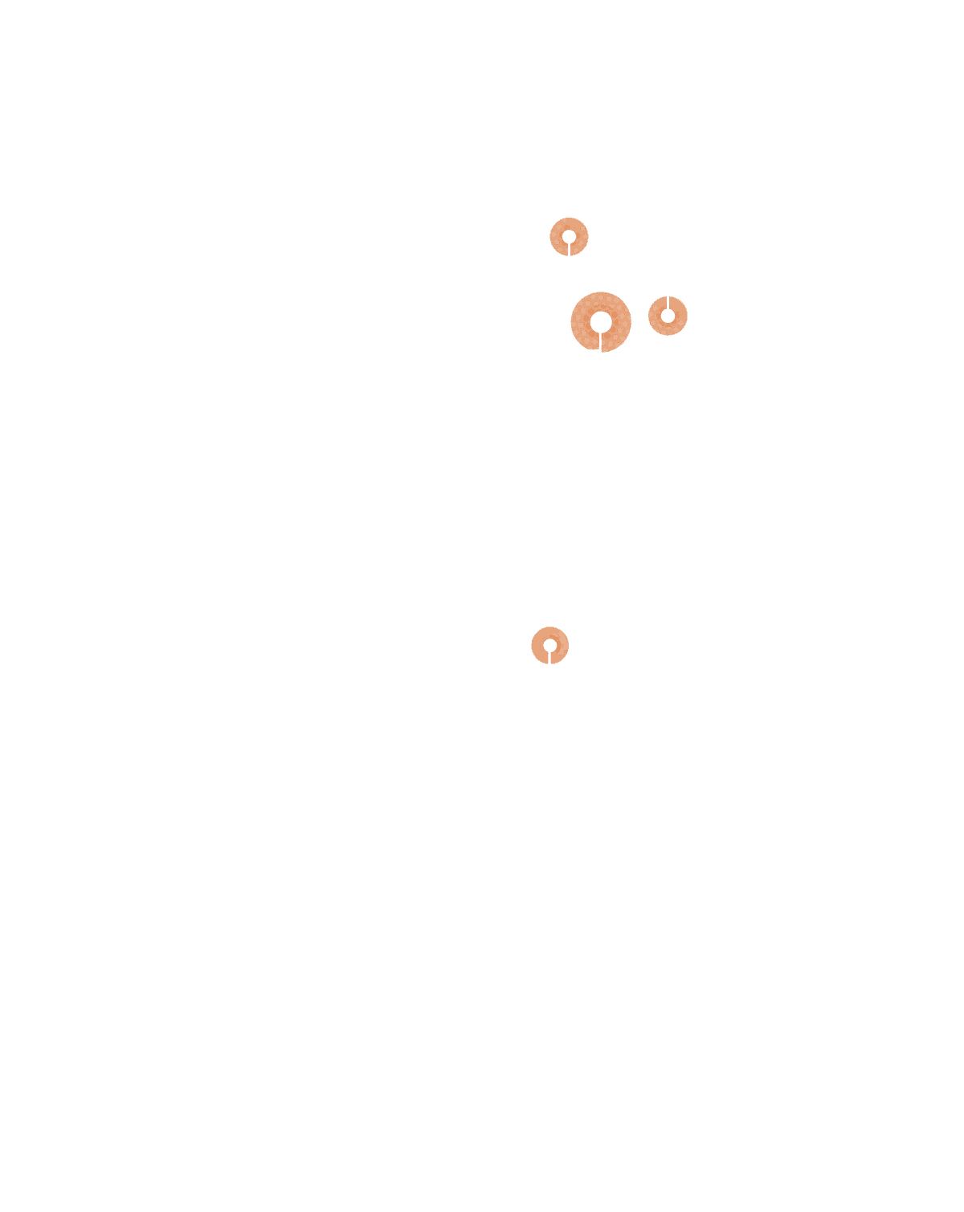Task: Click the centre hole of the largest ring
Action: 601,321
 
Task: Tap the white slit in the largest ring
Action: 601,342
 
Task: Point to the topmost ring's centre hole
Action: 569,236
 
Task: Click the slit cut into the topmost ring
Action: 569,249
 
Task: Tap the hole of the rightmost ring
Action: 668,316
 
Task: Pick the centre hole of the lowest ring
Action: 549,645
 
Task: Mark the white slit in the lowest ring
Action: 549,658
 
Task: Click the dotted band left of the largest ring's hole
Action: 580,321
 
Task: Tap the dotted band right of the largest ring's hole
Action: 622,321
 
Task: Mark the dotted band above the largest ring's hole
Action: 601,300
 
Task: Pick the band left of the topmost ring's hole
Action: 556,237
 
